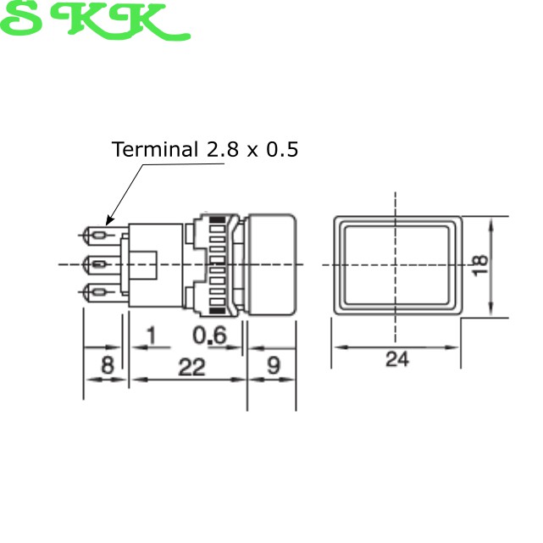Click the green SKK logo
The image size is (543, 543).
pyautogui.click(x=95, y=20)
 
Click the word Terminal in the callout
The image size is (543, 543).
pyautogui.click(x=155, y=149)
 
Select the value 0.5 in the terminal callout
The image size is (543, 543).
pyautogui.click(x=282, y=149)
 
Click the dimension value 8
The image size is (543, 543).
pyautogui.click(x=107, y=364)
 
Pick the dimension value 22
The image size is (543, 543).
pyautogui.click(x=191, y=367)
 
